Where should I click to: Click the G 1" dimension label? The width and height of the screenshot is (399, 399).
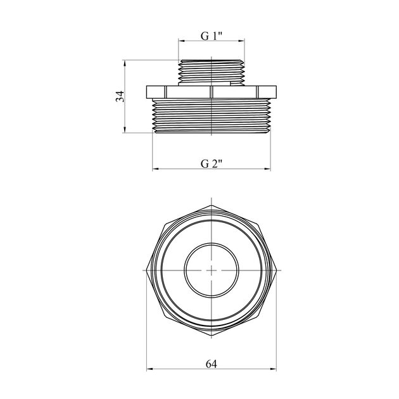(x=212, y=36)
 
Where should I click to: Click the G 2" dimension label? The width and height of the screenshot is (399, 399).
(x=212, y=163)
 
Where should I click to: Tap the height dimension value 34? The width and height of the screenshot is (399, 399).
(x=120, y=96)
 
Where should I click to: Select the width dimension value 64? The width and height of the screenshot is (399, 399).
(x=212, y=364)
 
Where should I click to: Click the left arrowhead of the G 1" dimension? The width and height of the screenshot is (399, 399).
(x=181, y=41)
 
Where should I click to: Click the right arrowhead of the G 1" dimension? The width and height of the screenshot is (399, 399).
(x=242, y=41)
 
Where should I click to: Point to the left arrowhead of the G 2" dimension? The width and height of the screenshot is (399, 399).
(x=155, y=168)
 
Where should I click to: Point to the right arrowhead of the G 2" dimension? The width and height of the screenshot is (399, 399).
(x=267, y=168)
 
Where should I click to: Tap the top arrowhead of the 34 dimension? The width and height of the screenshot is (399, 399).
(x=124, y=63)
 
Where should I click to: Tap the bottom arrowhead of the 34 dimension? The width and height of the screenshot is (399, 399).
(x=124, y=130)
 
